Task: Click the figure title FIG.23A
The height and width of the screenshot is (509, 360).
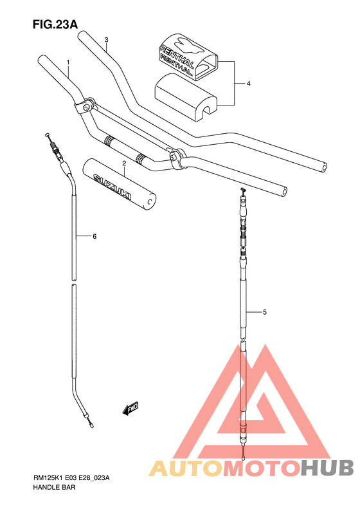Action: [x=55, y=24]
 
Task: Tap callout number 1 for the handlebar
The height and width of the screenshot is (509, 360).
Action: [x=68, y=62]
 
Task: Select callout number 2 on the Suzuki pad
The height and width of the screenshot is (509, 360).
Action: [x=124, y=163]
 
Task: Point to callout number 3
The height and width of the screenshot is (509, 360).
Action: [x=106, y=40]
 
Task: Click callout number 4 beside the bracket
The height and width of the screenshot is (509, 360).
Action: [x=248, y=84]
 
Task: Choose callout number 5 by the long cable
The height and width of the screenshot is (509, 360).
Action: [x=265, y=312]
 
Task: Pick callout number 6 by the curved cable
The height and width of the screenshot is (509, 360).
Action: [x=94, y=236]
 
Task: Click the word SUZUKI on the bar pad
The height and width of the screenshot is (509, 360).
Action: [x=113, y=187]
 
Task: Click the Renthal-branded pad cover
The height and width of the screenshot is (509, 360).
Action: [x=188, y=56]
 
